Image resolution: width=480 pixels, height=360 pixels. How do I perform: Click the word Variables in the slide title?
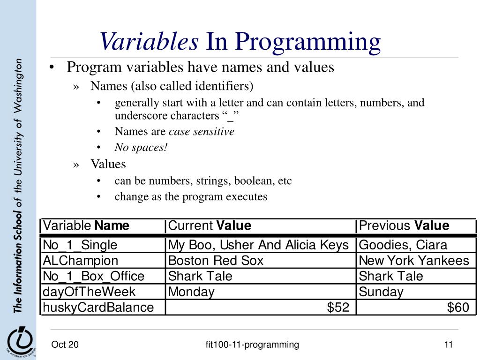click(149, 42)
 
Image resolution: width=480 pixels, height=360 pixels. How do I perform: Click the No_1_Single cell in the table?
click(80, 245)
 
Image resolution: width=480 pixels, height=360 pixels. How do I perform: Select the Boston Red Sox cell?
click(216, 261)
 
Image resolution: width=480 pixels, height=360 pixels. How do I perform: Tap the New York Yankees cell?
click(414, 261)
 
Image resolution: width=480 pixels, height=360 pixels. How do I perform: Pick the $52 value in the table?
click(337, 307)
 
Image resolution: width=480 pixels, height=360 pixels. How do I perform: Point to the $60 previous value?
click(457, 307)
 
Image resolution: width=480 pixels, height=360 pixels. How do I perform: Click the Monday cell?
click(191, 292)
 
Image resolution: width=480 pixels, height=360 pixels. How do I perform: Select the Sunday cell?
click(381, 292)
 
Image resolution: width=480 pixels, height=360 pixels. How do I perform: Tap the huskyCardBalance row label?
click(98, 307)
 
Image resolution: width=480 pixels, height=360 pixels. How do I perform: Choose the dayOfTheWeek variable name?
click(89, 292)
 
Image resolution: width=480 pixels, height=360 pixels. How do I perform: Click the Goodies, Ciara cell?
click(403, 245)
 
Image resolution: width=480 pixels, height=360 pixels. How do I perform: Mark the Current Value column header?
click(210, 226)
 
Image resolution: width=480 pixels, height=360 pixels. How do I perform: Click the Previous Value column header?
click(404, 226)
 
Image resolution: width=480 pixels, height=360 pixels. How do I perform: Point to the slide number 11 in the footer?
click(449, 345)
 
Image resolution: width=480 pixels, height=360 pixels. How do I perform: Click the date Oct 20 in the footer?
click(65, 345)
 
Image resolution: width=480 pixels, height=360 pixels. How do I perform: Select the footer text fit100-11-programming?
click(252, 345)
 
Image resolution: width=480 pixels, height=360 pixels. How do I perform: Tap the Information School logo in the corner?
click(19, 341)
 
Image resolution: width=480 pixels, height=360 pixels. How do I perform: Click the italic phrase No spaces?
click(141, 148)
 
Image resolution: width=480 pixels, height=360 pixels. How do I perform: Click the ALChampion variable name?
click(81, 261)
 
